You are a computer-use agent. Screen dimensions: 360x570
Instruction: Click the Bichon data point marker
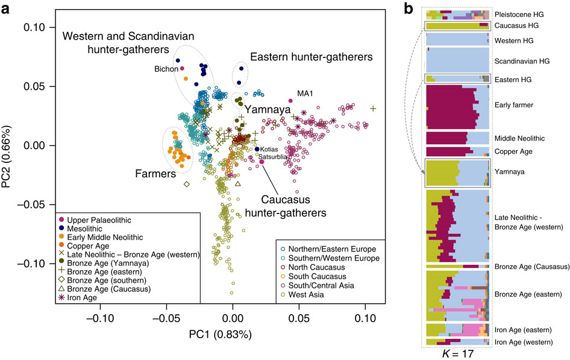(x=182, y=69)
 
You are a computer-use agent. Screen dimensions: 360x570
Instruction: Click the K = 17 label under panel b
(x=457, y=354)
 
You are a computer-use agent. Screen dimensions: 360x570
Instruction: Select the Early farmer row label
(x=513, y=106)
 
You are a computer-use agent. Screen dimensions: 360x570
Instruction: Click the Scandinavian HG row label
(x=521, y=61)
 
